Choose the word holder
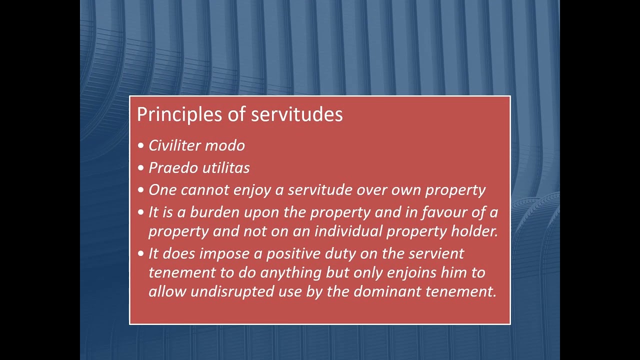click(474, 231)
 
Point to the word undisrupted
click(232, 292)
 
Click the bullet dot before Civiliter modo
click(140, 146)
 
